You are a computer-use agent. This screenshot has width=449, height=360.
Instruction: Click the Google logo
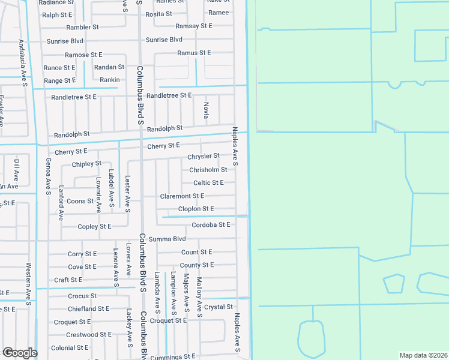[x=20, y=353]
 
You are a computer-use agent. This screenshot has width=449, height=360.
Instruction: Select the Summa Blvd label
[x=167, y=239]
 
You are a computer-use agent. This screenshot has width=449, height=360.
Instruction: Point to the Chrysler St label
[x=203, y=156]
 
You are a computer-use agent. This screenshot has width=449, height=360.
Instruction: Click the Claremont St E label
[x=182, y=196]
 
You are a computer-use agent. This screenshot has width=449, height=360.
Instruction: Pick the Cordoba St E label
[x=211, y=225]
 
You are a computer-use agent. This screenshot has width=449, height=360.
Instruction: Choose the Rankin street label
[x=110, y=80]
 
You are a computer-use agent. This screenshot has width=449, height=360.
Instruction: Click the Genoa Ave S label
[x=48, y=177]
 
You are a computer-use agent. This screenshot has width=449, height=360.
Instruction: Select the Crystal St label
[x=218, y=307]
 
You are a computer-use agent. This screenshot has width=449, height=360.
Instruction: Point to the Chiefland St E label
[x=88, y=308]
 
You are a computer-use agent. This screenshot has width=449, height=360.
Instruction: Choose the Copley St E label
[x=95, y=227]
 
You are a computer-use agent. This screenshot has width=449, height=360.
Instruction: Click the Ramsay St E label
[x=194, y=26]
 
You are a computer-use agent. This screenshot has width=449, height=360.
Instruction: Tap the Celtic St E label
[x=208, y=183]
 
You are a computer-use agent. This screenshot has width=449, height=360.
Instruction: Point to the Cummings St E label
[x=173, y=357]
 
